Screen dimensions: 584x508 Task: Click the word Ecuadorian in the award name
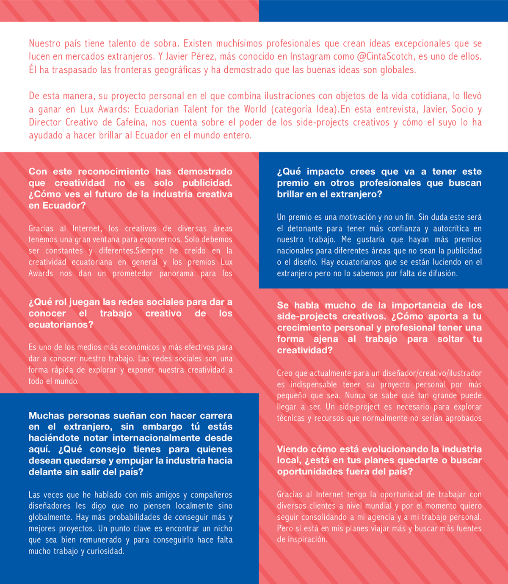157,109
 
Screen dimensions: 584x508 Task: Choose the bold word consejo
108,449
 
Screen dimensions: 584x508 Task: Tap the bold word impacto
325,171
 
